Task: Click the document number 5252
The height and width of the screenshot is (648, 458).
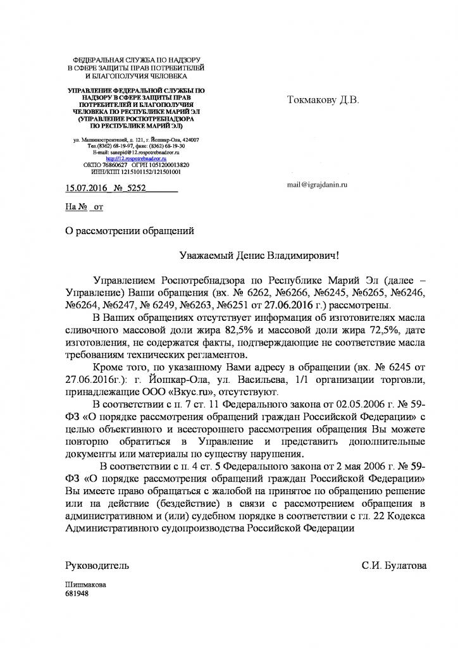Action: [138, 188]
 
